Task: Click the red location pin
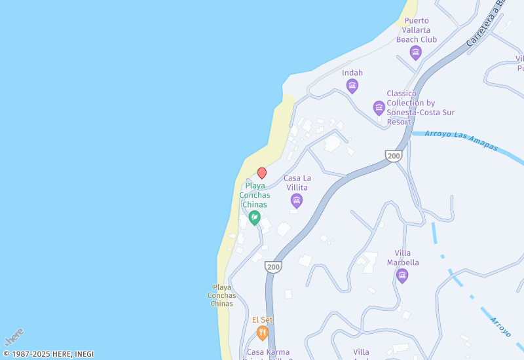262,173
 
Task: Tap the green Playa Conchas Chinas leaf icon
254,217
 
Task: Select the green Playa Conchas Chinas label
255,195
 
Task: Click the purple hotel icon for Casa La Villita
297,200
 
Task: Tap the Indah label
352,73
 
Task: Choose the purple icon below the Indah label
352,86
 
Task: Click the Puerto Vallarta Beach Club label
417,30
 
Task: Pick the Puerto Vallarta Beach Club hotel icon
415,52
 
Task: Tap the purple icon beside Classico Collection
379,107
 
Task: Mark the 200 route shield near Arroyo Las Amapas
394,156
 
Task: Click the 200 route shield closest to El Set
273,267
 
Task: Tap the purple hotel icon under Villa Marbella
402,276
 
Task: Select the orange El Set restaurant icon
263,333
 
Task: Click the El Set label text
263,319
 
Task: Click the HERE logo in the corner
14,337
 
